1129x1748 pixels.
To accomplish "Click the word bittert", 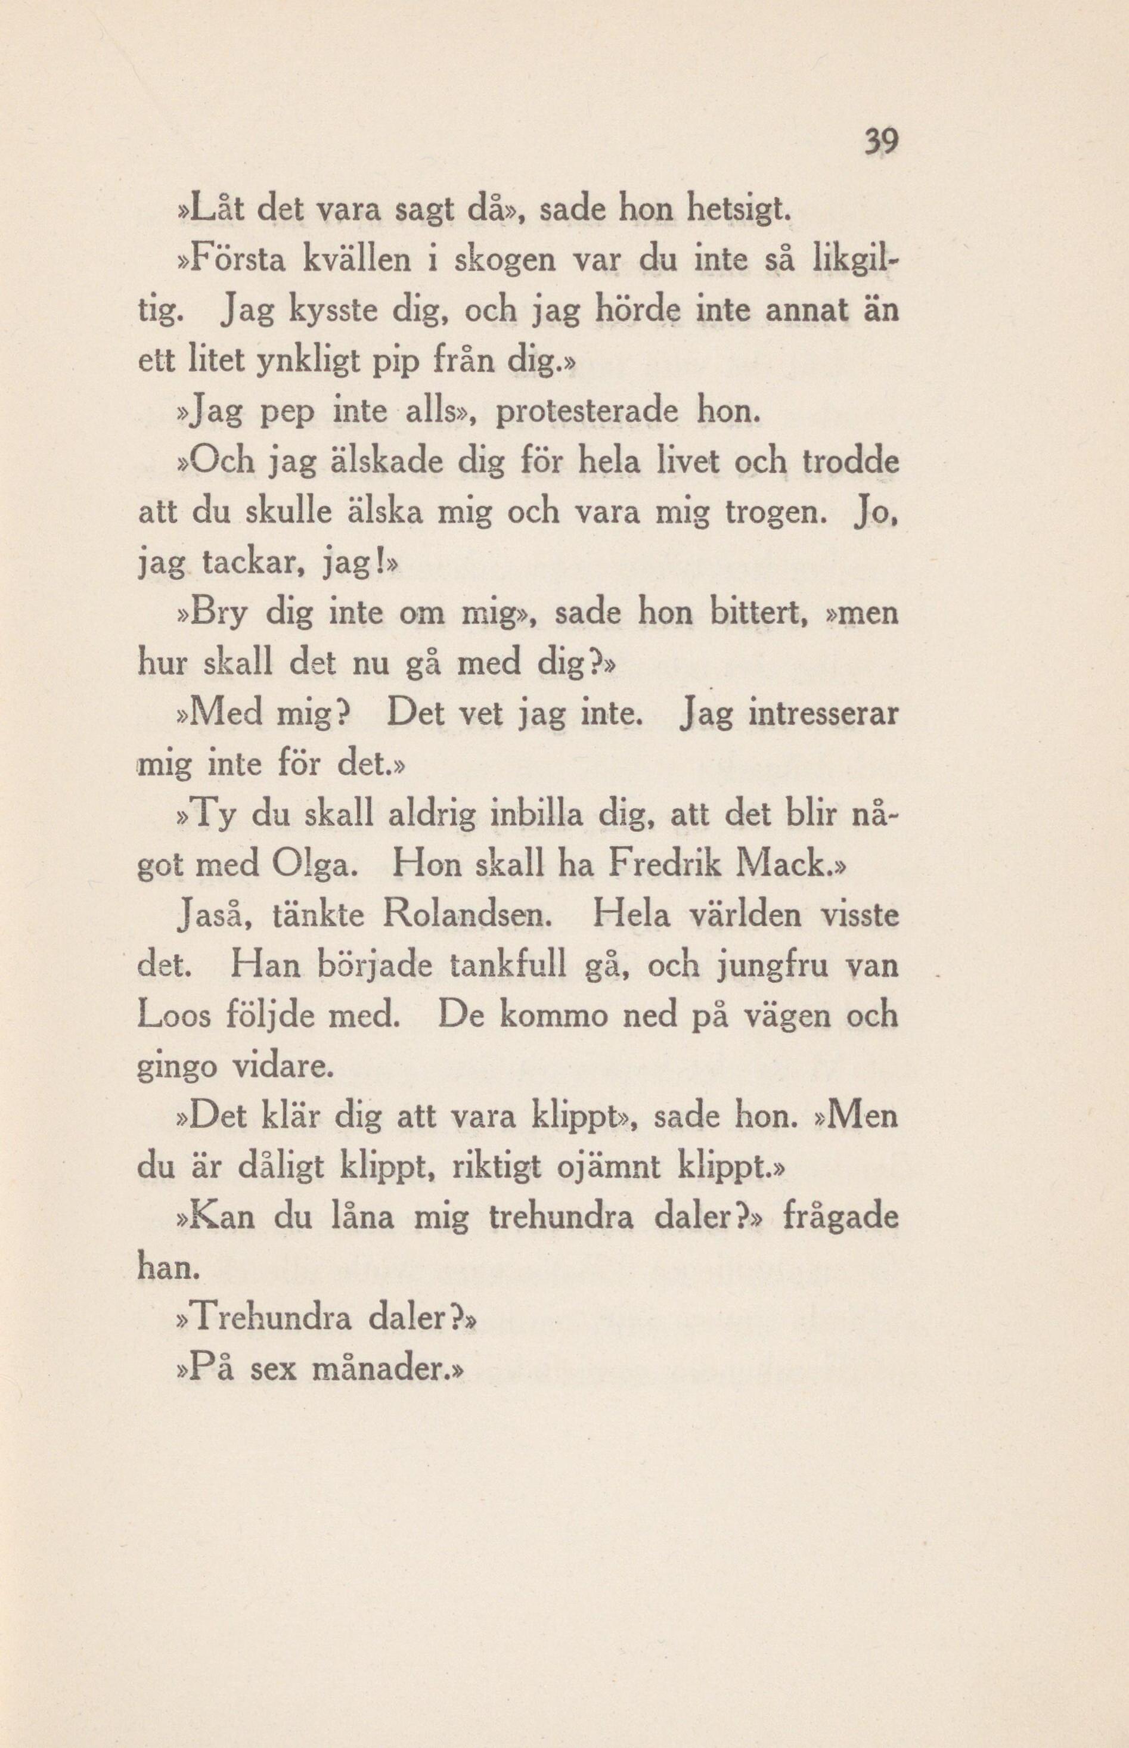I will (759, 613).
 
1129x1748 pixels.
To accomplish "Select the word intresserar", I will (823, 714).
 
